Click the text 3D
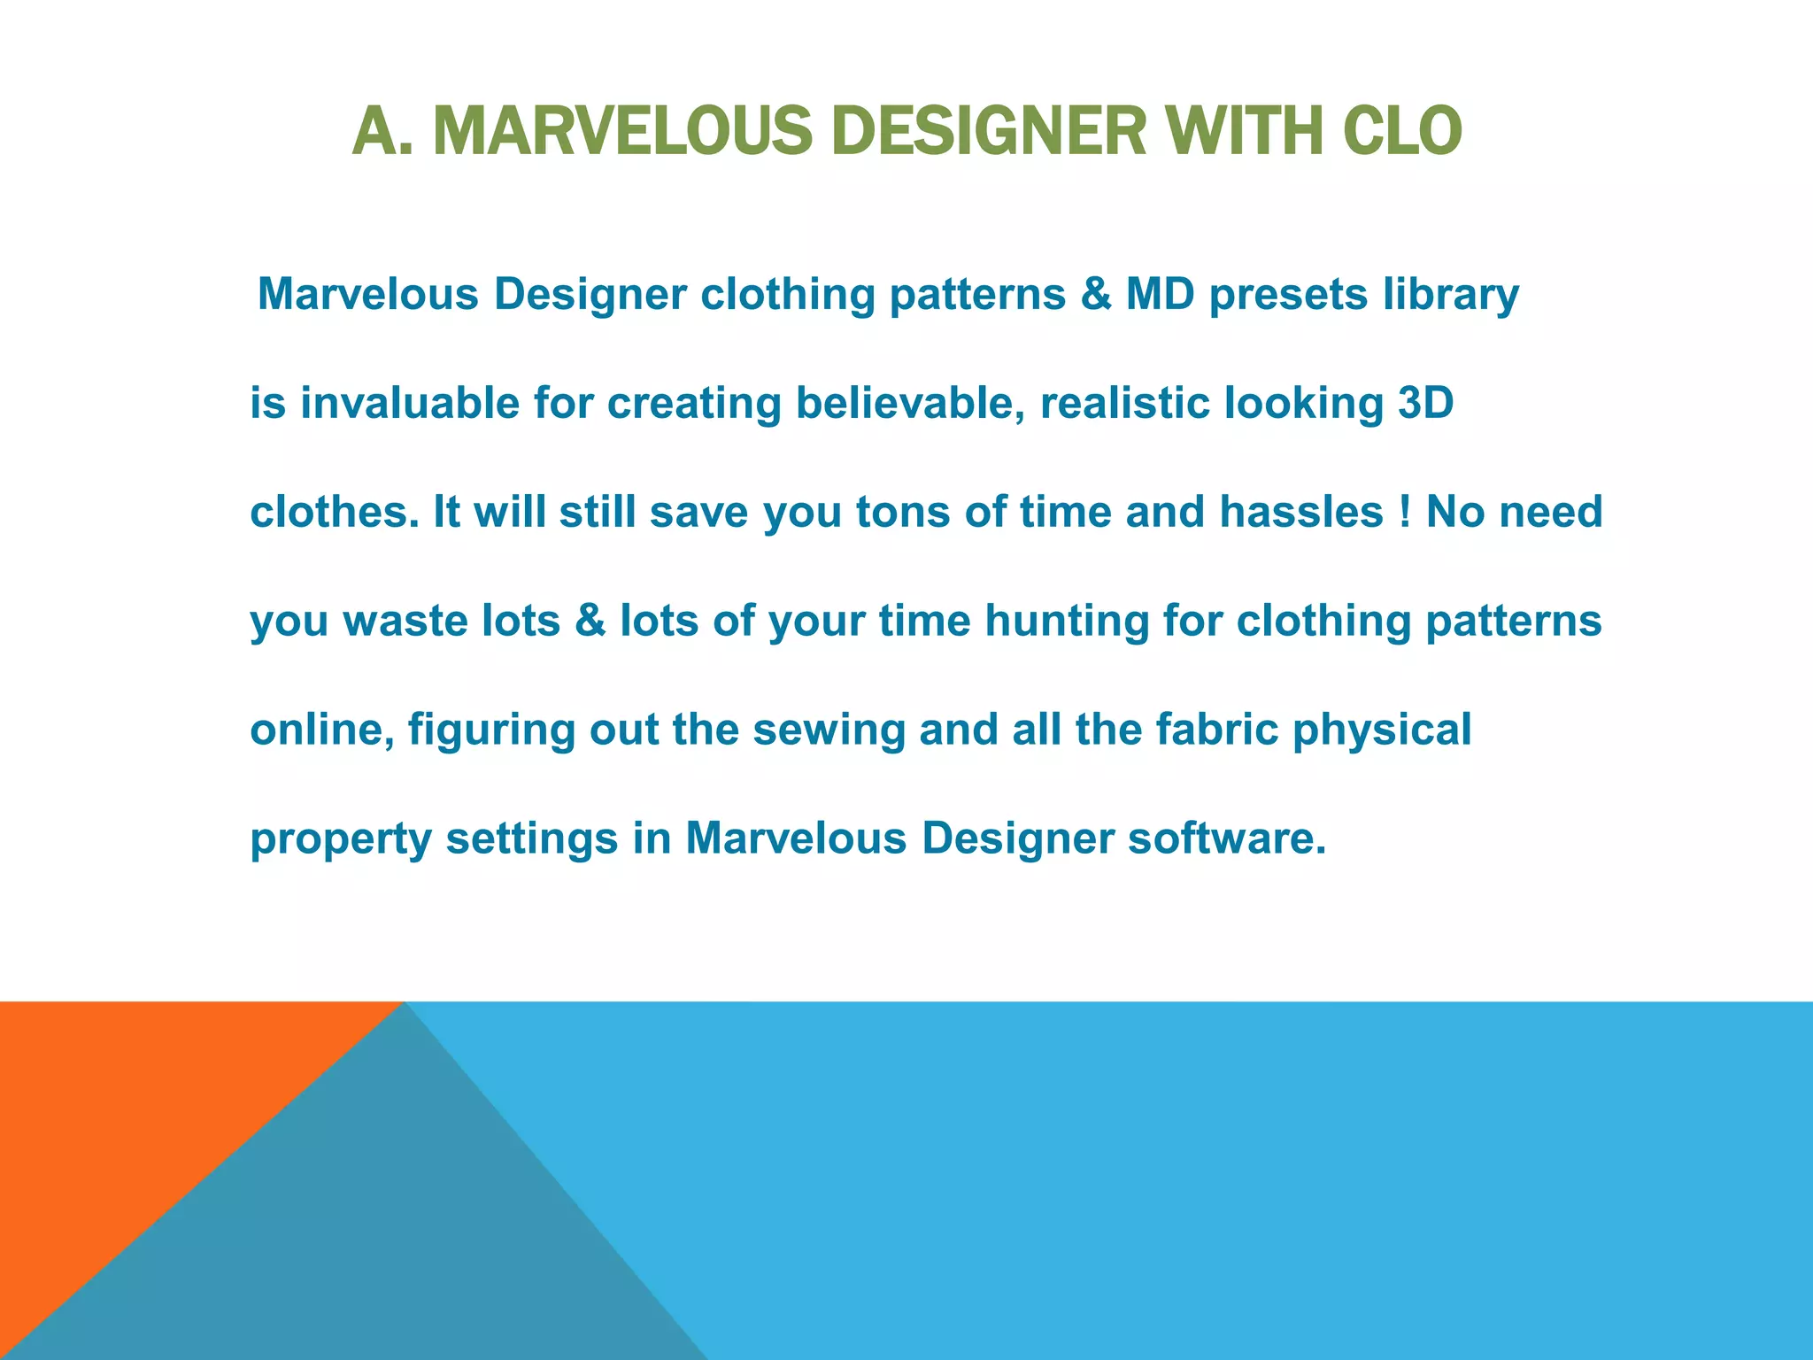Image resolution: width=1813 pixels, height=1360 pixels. [1425, 404]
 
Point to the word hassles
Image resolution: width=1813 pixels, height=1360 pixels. [1301, 513]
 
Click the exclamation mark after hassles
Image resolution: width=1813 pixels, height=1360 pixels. [1406, 513]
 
